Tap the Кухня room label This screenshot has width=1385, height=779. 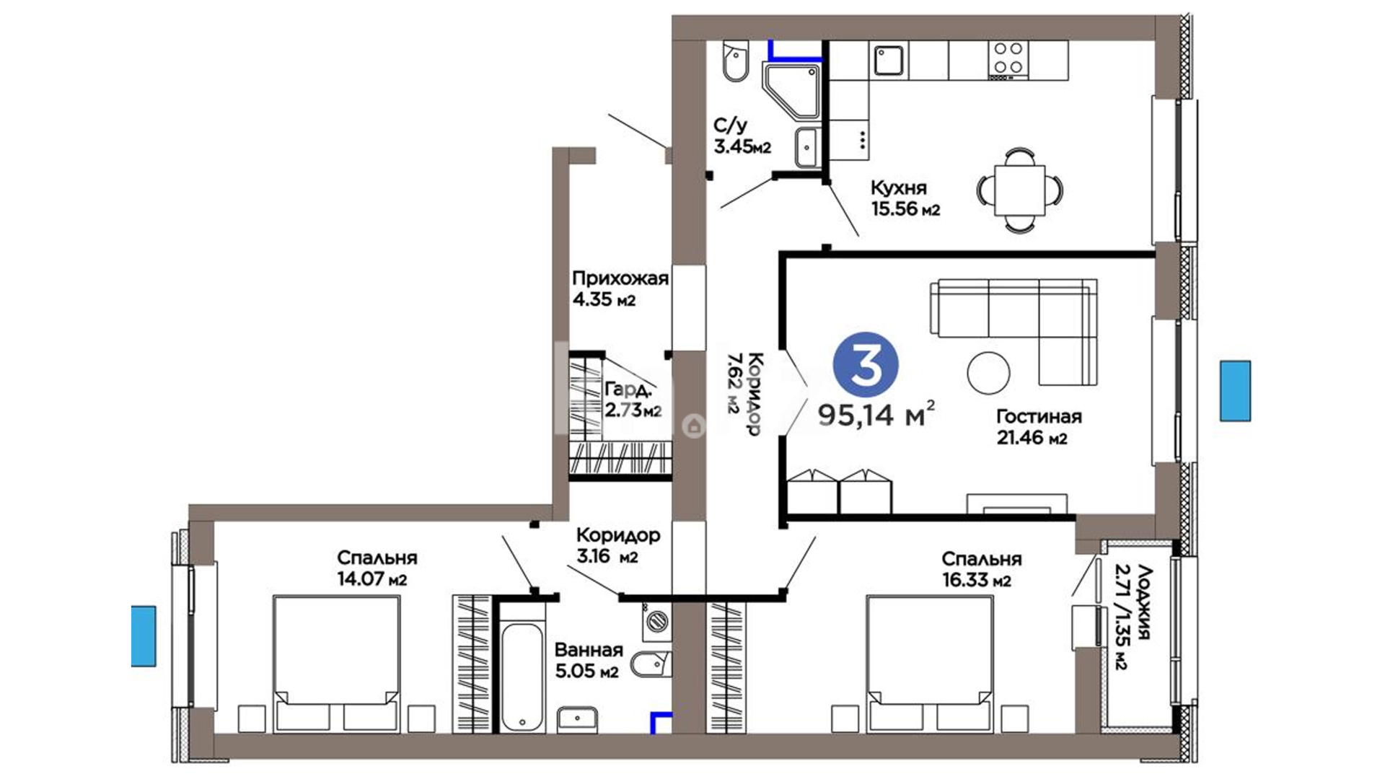tap(898, 188)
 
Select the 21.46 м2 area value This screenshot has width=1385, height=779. tap(1032, 437)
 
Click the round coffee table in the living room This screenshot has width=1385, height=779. tap(988, 372)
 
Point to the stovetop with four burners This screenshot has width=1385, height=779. tap(1008, 58)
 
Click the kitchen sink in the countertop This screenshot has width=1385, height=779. tap(889, 61)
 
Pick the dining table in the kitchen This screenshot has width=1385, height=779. tap(1019, 190)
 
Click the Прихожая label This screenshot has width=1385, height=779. tap(620, 278)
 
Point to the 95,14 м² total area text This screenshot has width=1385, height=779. tap(876, 415)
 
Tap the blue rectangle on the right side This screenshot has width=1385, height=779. tap(1235, 390)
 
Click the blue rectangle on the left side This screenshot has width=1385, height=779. tap(144, 635)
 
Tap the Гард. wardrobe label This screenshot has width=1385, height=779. tap(628, 390)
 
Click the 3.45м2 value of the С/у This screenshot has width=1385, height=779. tap(742, 147)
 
